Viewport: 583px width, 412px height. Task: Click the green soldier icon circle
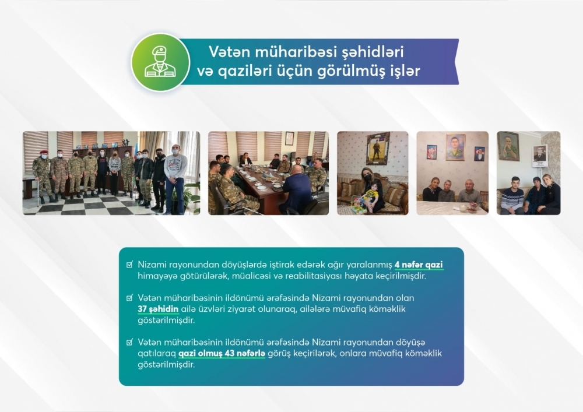160,62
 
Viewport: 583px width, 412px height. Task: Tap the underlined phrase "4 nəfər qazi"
419,265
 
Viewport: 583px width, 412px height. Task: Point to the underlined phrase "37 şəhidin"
158,309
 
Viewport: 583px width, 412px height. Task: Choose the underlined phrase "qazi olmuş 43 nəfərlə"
222,353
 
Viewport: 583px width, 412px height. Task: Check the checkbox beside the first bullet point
129,265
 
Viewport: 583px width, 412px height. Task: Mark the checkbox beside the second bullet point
129,298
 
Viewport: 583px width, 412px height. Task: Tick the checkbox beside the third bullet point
129,342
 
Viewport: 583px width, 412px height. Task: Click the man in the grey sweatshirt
175,178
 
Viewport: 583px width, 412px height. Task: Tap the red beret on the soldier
44,152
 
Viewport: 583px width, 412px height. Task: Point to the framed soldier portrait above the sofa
378,148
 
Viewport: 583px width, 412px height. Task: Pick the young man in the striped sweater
512,196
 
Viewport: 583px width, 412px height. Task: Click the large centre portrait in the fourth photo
455,147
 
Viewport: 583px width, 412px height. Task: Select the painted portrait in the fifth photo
508,146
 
